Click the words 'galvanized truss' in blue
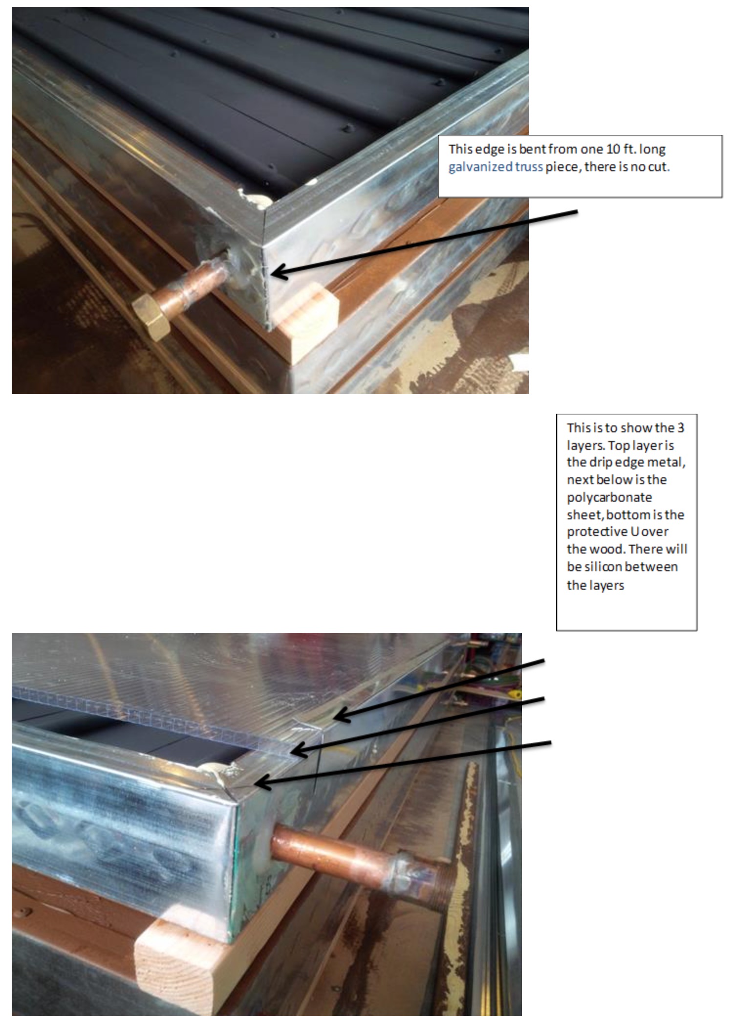coord(496,167)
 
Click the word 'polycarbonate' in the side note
coord(609,498)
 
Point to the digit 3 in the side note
coord(681,428)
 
